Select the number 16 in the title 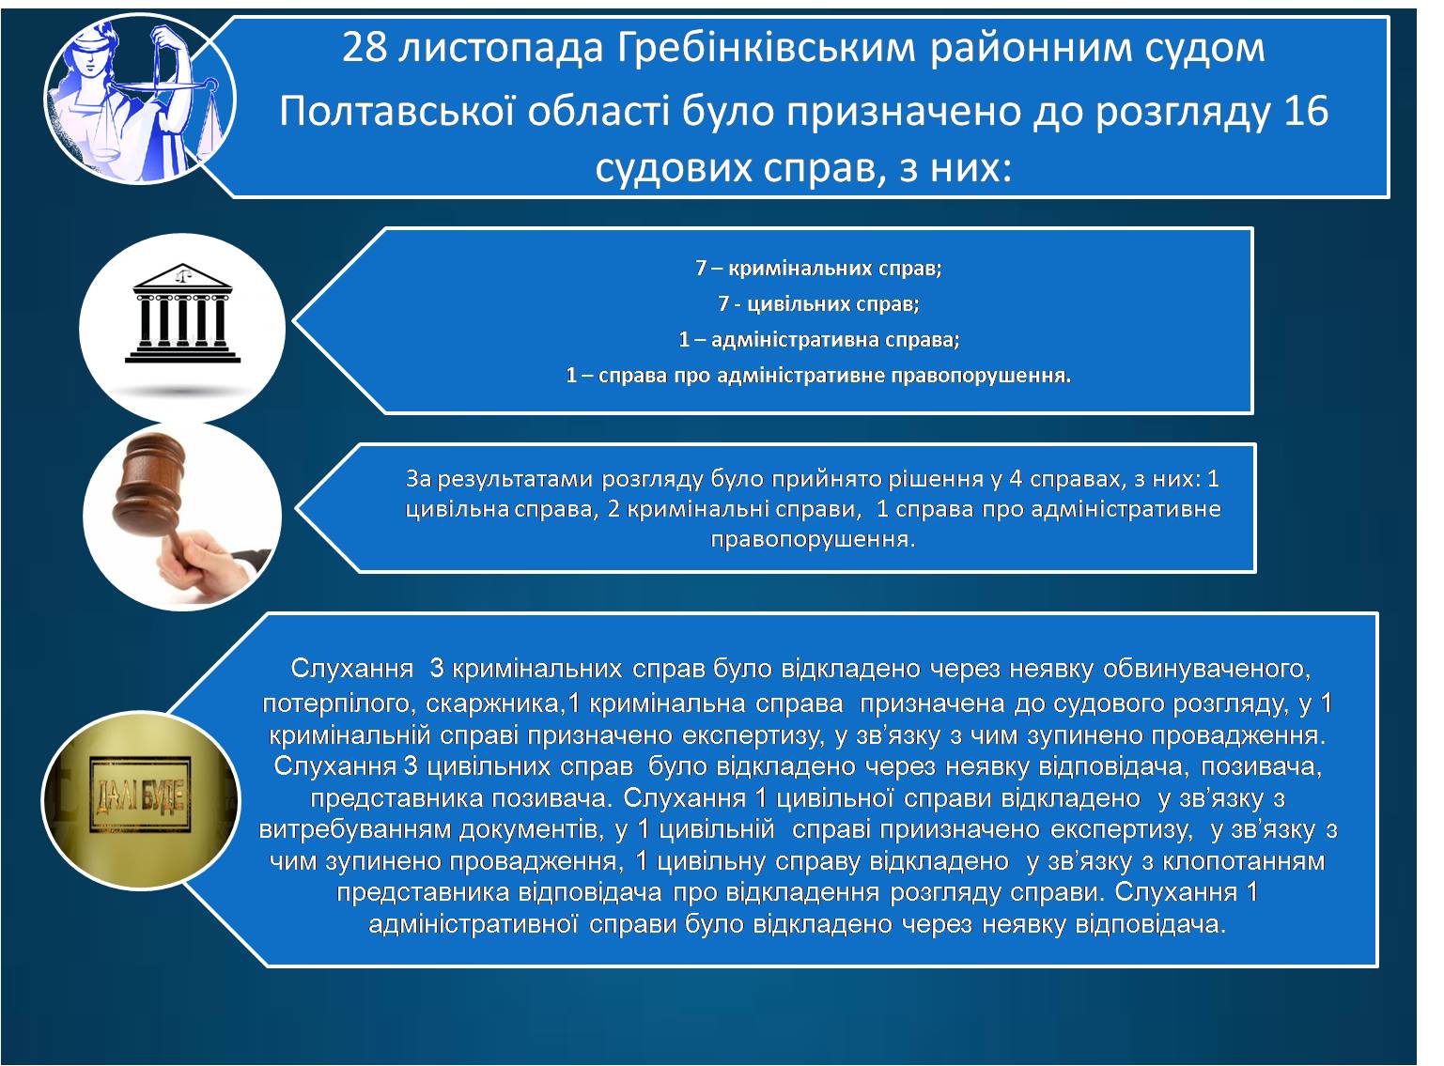click(x=1305, y=111)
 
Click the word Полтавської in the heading click(x=397, y=112)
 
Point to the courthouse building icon click(x=182, y=313)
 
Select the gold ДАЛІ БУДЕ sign click(x=140, y=796)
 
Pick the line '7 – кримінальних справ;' click(x=818, y=268)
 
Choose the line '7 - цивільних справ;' click(x=818, y=303)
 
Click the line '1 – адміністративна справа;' click(x=818, y=339)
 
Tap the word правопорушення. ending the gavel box click(x=813, y=540)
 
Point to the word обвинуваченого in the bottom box click(x=1206, y=669)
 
